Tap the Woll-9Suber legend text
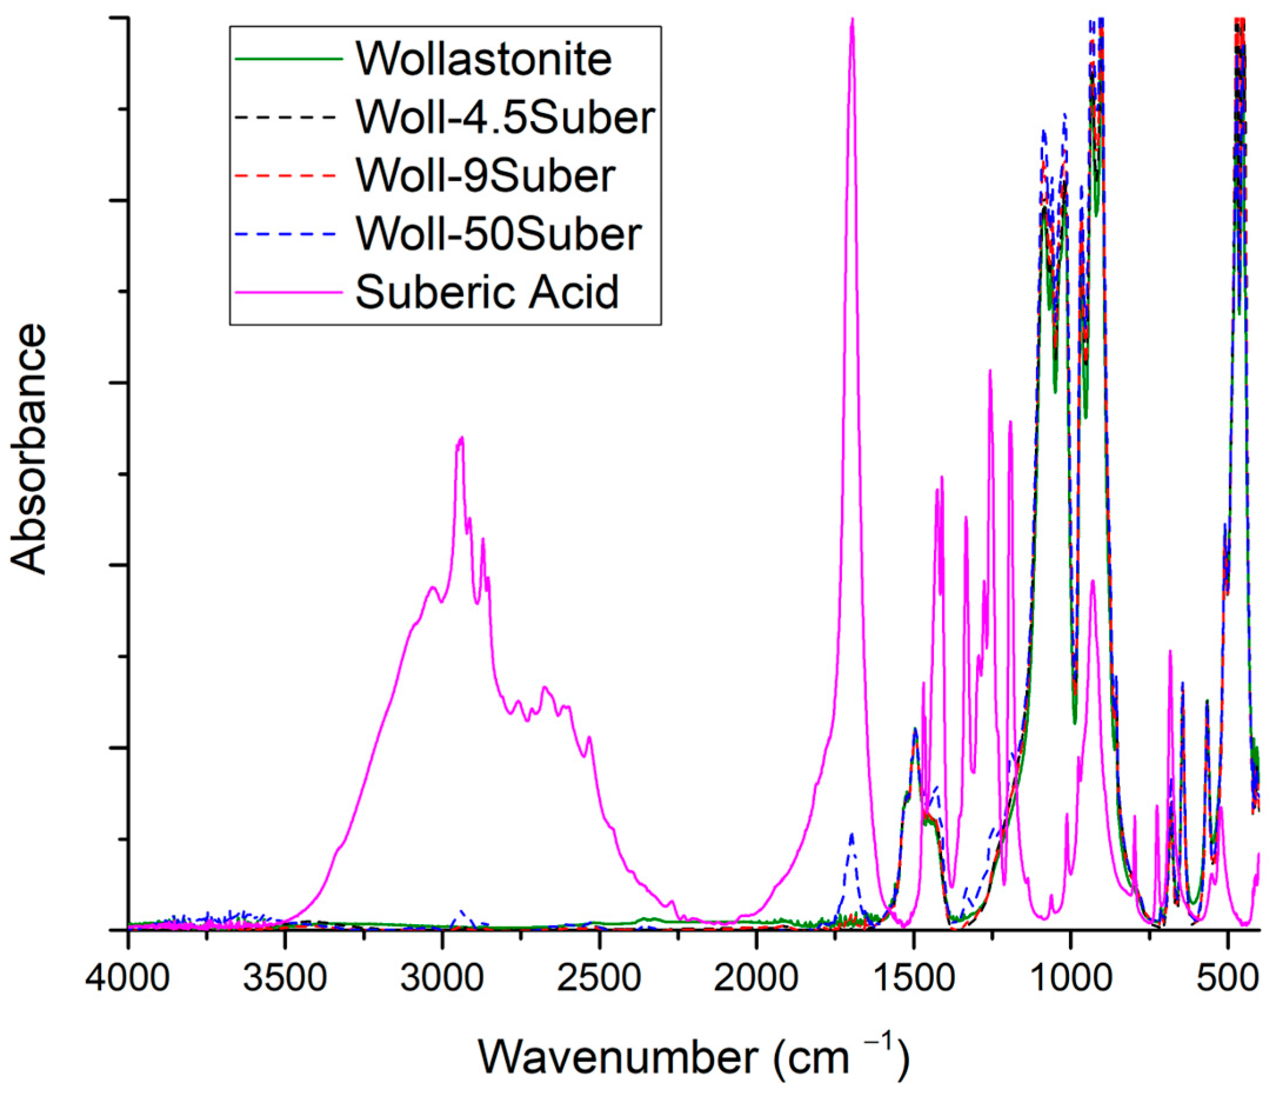tap(485, 175)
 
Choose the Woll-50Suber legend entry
tap(498, 233)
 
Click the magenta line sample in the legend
tap(288, 293)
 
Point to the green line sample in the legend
tap(288, 59)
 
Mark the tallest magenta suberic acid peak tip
tap(852, 19)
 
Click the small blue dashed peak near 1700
tap(852, 835)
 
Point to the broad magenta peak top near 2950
tap(460, 438)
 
